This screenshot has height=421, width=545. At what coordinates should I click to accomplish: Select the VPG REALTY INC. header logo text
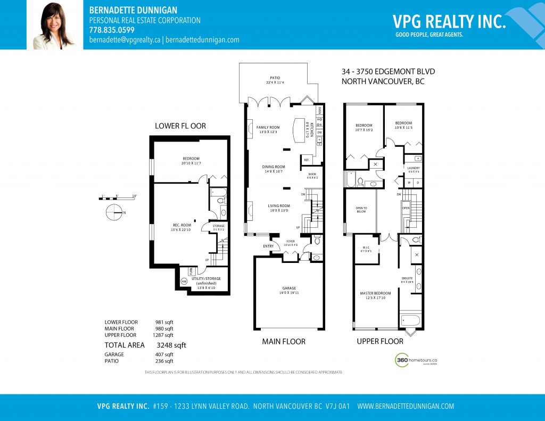click(x=449, y=21)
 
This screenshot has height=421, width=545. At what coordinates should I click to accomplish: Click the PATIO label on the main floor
click(x=275, y=78)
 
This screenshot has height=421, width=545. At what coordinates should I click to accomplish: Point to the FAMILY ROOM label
click(x=268, y=128)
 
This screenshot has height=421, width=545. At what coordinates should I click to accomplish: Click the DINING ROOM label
click(x=274, y=167)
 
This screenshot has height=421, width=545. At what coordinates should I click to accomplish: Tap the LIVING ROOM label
click(x=278, y=206)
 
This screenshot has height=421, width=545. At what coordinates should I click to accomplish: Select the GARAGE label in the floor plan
click(x=289, y=288)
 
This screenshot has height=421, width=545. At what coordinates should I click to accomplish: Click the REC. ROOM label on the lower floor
click(x=182, y=225)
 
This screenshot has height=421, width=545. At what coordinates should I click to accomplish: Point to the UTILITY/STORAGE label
click(x=206, y=278)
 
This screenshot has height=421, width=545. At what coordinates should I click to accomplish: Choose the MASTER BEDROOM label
click(x=375, y=293)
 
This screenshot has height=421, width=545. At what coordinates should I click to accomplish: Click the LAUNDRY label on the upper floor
click(x=413, y=168)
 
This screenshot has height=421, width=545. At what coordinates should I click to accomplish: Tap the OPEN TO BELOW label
click(x=361, y=208)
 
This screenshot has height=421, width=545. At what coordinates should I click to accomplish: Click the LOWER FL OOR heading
click(x=180, y=126)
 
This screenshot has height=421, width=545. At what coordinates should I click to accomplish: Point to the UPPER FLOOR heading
click(x=379, y=341)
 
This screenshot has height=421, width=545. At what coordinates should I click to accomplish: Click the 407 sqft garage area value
click(x=164, y=354)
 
